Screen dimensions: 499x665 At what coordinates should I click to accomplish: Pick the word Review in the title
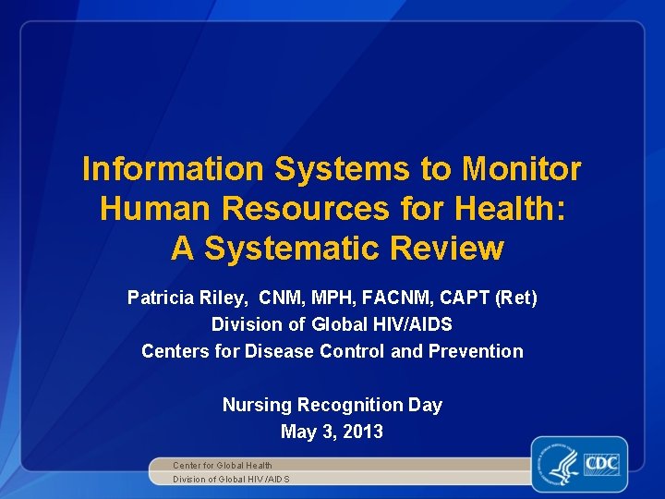[447, 249]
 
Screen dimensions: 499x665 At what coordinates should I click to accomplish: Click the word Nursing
[255, 405]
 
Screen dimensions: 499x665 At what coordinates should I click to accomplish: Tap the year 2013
[362, 432]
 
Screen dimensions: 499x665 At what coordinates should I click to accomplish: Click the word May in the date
[296, 432]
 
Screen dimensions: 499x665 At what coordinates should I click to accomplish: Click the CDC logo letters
[600, 461]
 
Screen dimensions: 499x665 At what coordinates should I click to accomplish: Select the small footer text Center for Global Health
[223, 465]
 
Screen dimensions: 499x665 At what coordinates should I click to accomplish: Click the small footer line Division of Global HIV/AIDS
[231, 479]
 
